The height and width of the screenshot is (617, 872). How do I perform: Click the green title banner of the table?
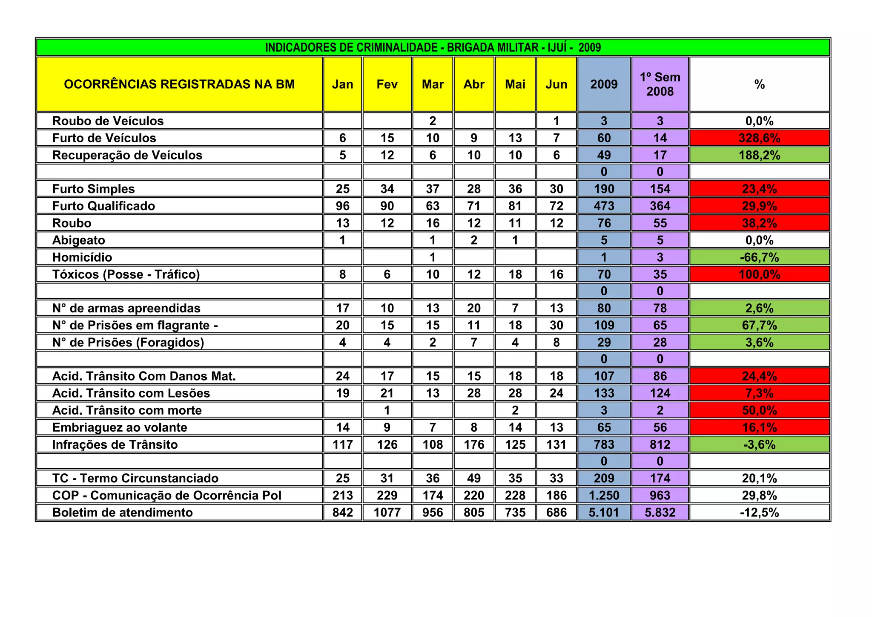[433, 47]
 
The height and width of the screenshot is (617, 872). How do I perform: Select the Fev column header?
[387, 84]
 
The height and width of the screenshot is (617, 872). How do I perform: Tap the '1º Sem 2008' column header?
[660, 84]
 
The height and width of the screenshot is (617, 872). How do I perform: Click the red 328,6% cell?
[759, 138]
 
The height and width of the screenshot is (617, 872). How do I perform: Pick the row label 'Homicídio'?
[82, 257]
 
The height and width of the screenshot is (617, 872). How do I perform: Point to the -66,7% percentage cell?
[759, 257]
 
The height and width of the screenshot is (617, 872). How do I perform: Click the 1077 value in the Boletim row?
[387, 512]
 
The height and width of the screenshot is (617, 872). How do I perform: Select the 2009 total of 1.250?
[604, 495]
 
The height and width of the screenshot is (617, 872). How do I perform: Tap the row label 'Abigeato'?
[79, 240]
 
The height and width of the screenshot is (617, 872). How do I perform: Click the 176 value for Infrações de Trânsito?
[474, 444]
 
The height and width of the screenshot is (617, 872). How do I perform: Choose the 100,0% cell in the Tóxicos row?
[759, 274]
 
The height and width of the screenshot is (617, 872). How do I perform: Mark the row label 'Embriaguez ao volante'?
[120, 427]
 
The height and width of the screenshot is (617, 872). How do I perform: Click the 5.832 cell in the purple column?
[660, 512]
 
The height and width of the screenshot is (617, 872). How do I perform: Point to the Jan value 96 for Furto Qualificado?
[343, 206]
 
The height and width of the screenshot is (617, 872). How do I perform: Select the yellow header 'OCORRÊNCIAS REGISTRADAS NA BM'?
[179, 84]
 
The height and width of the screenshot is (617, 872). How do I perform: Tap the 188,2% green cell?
[759, 155]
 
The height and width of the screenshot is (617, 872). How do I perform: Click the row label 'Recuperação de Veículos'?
[127, 155]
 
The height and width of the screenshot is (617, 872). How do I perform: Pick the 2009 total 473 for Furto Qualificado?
[604, 206]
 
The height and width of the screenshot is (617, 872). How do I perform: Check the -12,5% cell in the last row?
[759, 512]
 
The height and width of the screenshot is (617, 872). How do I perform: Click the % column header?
[759, 84]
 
